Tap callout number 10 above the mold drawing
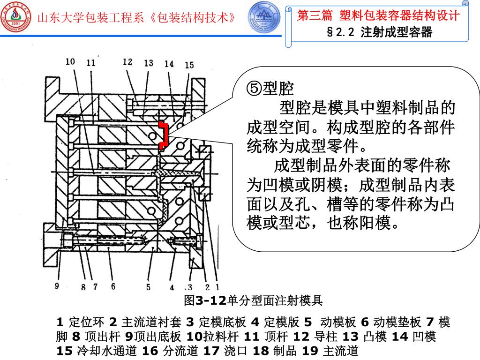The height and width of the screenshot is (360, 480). click(x=70, y=61)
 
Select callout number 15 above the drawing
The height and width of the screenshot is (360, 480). click(x=189, y=65)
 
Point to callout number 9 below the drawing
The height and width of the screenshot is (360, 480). click(x=57, y=285)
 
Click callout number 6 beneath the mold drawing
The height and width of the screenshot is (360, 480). click(x=113, y=286)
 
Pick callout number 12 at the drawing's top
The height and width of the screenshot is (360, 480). click(x=127, y=61)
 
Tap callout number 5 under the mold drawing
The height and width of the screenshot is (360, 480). click(x=148, y=287)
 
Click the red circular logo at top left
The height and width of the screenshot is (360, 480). click(x=15, y=18)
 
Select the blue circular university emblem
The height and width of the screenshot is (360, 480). click(x=263, y=17)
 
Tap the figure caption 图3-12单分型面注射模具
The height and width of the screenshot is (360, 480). click(x=254, y=300)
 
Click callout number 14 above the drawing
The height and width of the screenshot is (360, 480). click(x=169, y=64)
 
